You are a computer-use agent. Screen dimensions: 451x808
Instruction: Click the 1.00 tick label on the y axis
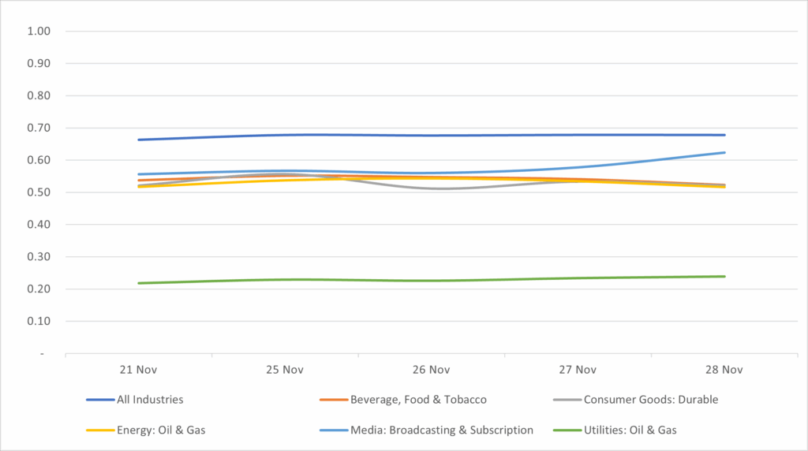tap(39, 32)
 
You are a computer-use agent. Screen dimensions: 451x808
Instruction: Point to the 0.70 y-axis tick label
tap(39, 129)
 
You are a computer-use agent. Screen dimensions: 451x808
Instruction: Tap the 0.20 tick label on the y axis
tap(39, 289)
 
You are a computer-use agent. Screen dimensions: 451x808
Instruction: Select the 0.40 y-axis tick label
tap(39, 225)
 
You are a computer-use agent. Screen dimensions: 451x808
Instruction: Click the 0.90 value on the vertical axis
tap(39, 64)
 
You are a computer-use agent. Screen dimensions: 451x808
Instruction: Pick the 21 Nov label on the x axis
tap(138, 369)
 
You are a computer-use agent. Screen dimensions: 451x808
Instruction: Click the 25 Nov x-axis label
tap(285, 369)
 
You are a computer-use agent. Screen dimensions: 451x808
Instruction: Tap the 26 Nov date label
tap(432, 369)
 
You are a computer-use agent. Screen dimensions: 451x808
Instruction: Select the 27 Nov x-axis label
tap(578, 369)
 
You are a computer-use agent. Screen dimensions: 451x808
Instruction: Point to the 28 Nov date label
tap(724, 369)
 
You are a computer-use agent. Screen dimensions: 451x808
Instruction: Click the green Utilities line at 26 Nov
tap(432, 281)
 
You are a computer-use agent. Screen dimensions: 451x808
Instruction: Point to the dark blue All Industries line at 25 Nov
tap(285, 135)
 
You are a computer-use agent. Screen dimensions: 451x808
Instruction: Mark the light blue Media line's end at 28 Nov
tap(724, 153)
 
